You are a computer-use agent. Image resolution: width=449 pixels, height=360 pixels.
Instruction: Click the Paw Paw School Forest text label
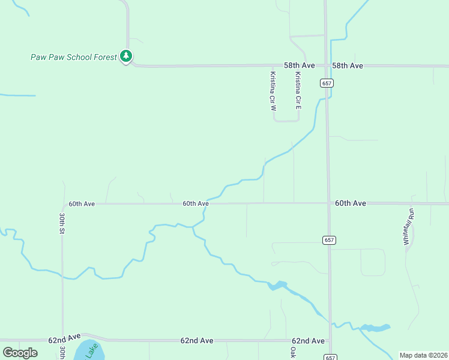coord(74,57)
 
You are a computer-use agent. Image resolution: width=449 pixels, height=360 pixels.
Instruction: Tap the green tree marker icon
coord(126,56)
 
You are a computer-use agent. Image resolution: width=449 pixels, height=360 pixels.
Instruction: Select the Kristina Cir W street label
coord(273,92)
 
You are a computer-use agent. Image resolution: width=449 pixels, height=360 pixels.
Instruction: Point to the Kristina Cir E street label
coord(298,91)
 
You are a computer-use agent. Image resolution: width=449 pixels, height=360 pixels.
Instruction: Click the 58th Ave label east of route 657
coord(348,65)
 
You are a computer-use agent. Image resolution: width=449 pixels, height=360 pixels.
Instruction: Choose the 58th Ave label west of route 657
coord(300,64)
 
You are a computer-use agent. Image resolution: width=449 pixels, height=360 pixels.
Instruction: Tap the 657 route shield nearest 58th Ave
coord(327,83)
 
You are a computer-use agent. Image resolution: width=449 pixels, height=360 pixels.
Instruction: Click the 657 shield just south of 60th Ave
coord(328,240)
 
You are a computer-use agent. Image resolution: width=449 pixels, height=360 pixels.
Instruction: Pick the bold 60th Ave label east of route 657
coord(351,203)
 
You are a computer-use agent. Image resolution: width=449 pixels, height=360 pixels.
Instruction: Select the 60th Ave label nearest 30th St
coord(82,204)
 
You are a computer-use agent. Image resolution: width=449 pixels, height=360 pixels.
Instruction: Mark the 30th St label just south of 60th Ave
coord(62,223)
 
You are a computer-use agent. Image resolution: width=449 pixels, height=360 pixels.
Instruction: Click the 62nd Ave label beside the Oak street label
coord(309,341)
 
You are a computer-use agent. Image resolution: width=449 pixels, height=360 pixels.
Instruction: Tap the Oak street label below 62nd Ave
coord(294,352)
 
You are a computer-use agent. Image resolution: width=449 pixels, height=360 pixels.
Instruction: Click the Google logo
coord(20,353)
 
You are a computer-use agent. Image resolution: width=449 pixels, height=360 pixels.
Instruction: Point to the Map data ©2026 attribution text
coord(423,355)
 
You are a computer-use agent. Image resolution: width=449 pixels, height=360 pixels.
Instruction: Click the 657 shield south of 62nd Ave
coord(330,357)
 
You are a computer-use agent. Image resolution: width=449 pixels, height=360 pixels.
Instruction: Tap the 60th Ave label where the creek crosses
coord(196,204)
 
